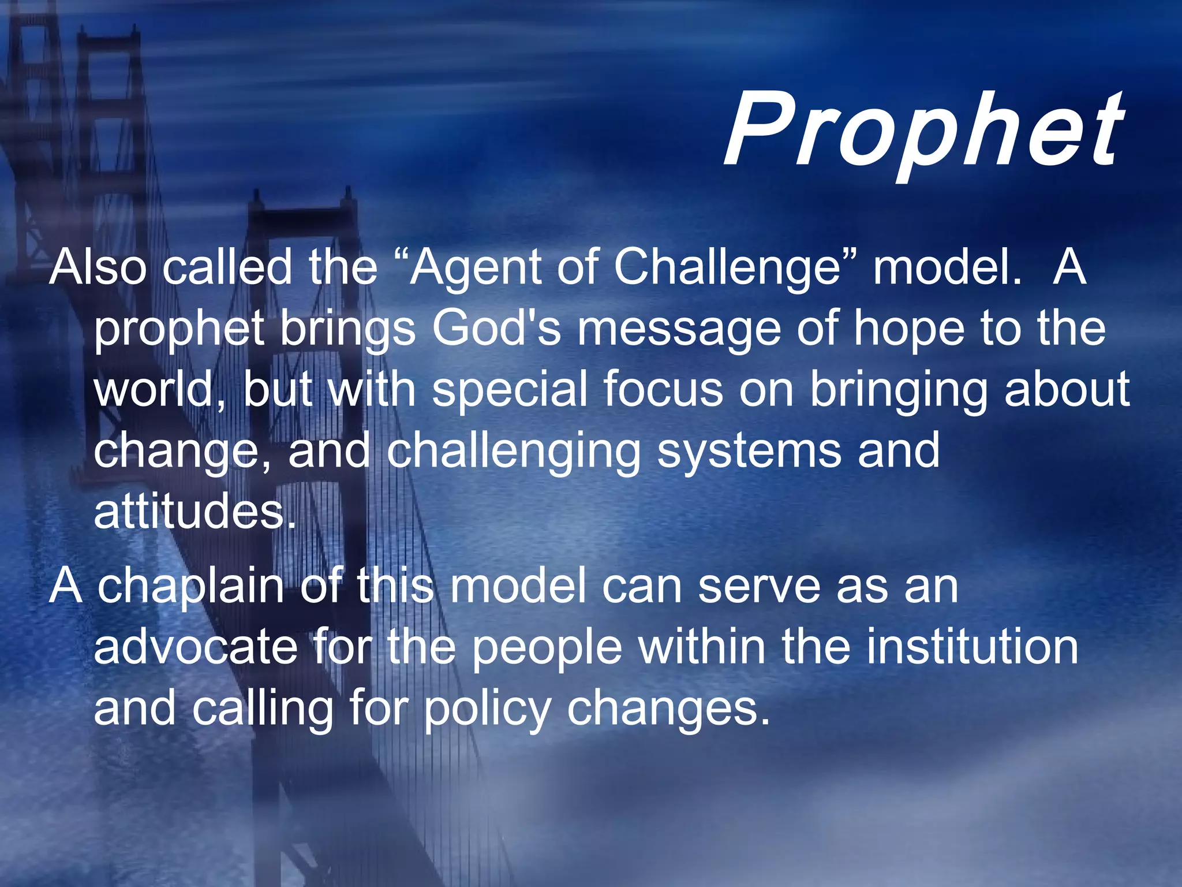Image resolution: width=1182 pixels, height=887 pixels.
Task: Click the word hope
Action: coord(909,329)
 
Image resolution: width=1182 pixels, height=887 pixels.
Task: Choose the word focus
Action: coord(664,389)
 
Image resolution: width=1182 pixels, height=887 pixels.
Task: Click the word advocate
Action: coord(196,647)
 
